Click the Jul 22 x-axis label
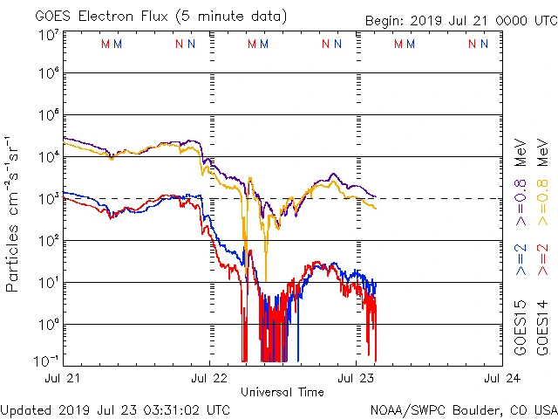(x=210, y=379)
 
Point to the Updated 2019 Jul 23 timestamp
(x=116, y=409)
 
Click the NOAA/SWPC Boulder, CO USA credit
(x=463, y=409)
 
